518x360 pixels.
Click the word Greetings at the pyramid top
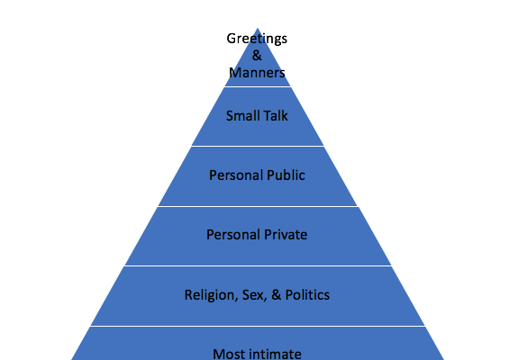coord(257,39)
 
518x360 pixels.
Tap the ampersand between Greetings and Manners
coord(257,55)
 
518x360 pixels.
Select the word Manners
coord(257,73)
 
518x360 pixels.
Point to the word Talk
coord(274,116)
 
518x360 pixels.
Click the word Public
coord(286,175)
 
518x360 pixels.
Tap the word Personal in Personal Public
coord(236,175)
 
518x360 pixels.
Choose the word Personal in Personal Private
coord(233,235)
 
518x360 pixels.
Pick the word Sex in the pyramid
coord(254,295)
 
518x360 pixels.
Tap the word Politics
coord(307,294)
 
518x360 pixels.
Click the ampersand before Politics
coord(277,294)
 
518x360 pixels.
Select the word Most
coord(227,354)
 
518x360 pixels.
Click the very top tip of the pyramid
coord(258,29)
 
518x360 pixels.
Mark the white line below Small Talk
coord(258,146)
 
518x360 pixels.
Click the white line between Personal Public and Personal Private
coord(258,206)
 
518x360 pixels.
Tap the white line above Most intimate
coord(258,326)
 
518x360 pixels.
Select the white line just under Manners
coord(258,86)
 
